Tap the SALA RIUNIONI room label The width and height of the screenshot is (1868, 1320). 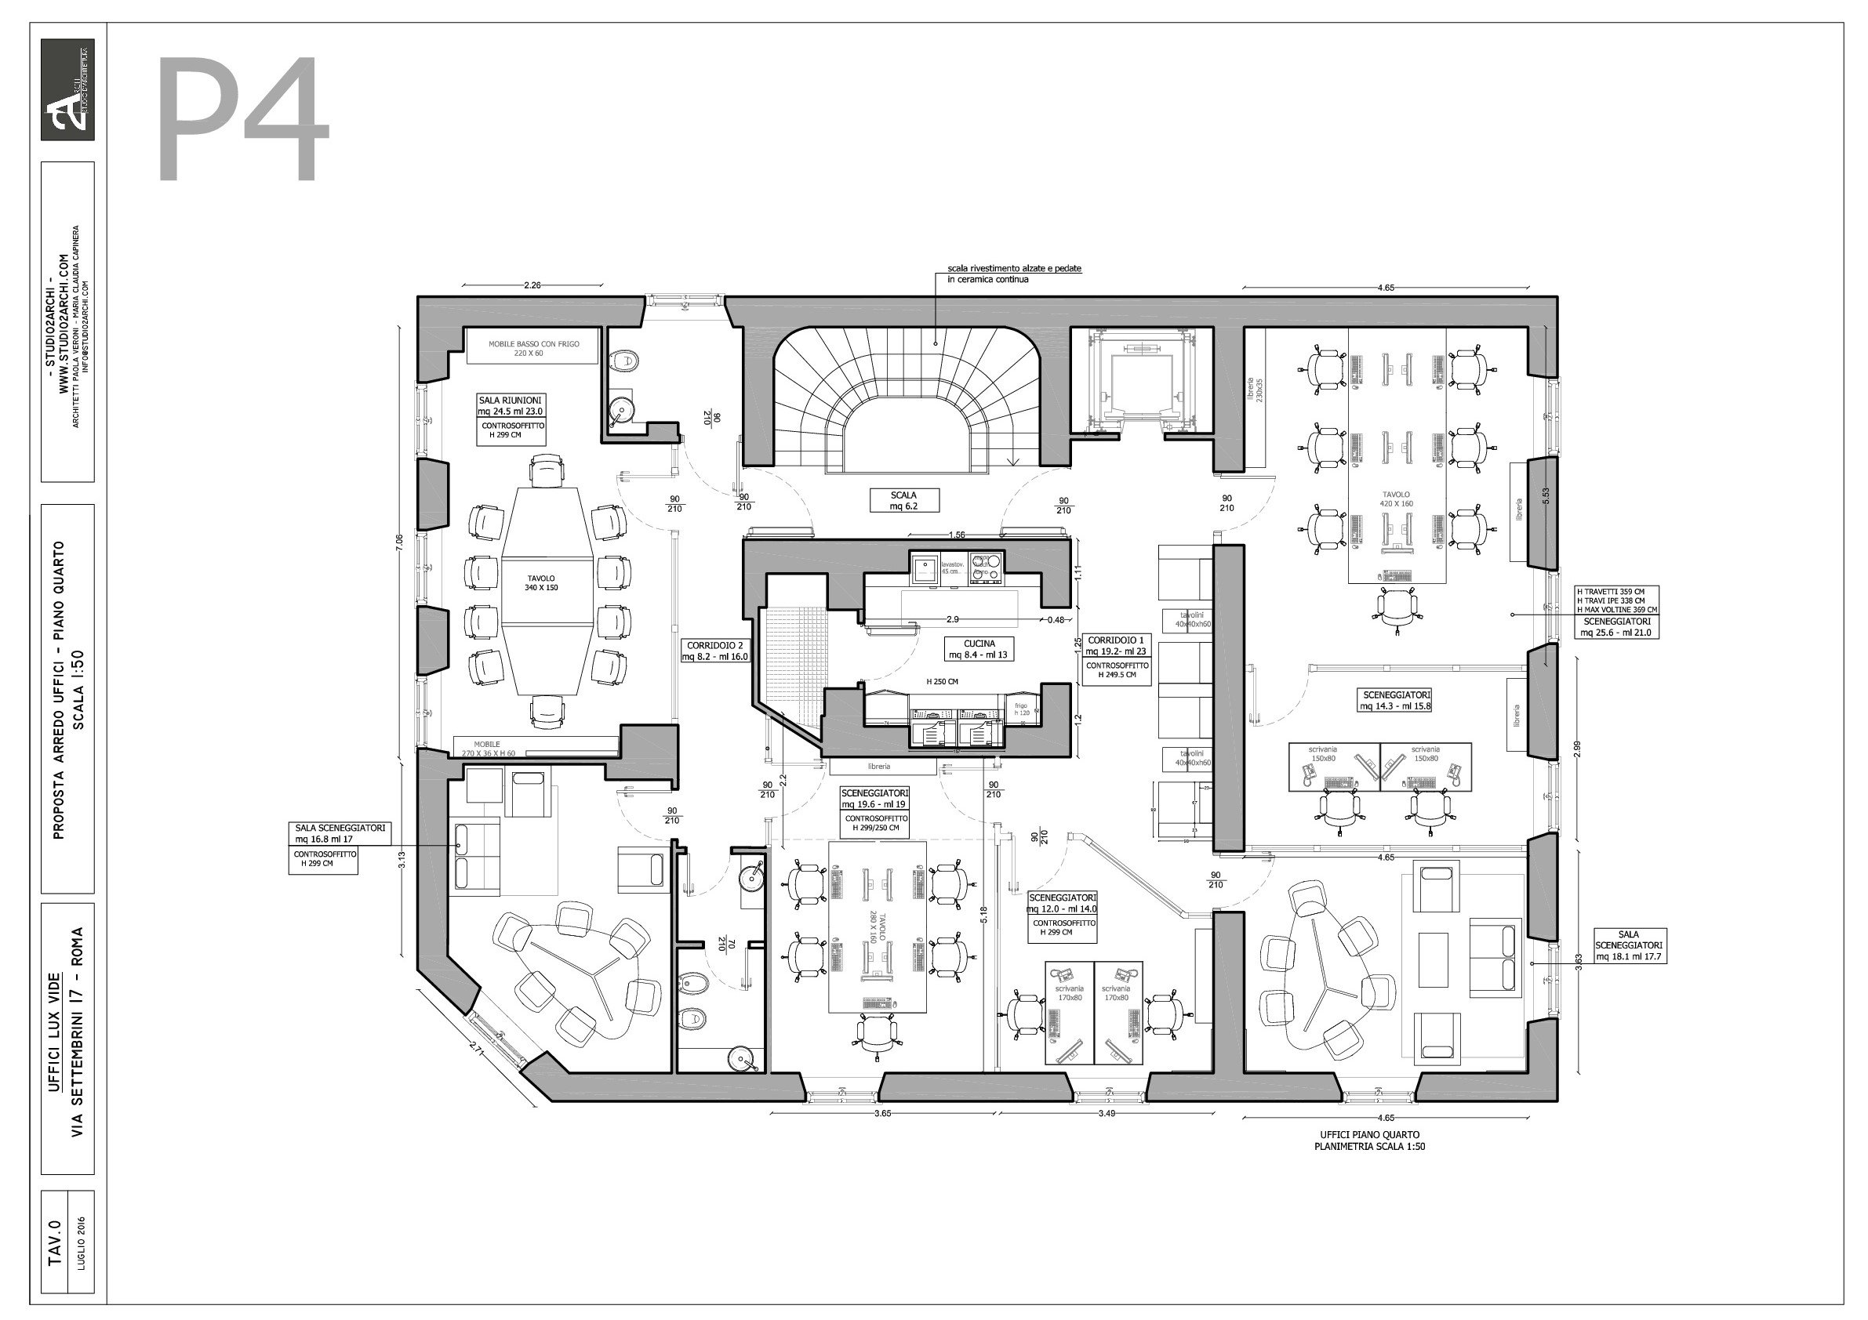tap(510, 406)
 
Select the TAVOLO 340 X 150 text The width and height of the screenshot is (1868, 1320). tap(541, 582)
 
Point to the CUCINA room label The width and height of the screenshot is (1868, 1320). tap(979, 648)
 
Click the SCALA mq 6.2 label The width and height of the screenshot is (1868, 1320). tap(903, 500)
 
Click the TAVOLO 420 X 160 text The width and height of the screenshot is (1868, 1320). tap(1396, 499)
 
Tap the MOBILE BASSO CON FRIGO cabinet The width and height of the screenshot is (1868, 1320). tap(533, 348)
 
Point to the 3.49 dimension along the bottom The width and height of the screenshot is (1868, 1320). tap(1106, 1113)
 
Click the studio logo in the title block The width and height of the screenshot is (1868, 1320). tap(67, 89)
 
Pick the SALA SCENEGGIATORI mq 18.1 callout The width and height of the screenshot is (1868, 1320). tap(1628, 946)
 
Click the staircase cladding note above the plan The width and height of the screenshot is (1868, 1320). tap(1014, 274)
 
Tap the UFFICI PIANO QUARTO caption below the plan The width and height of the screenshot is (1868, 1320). tap(1369, 1140)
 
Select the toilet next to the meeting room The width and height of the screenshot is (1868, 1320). tap(625, 359)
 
